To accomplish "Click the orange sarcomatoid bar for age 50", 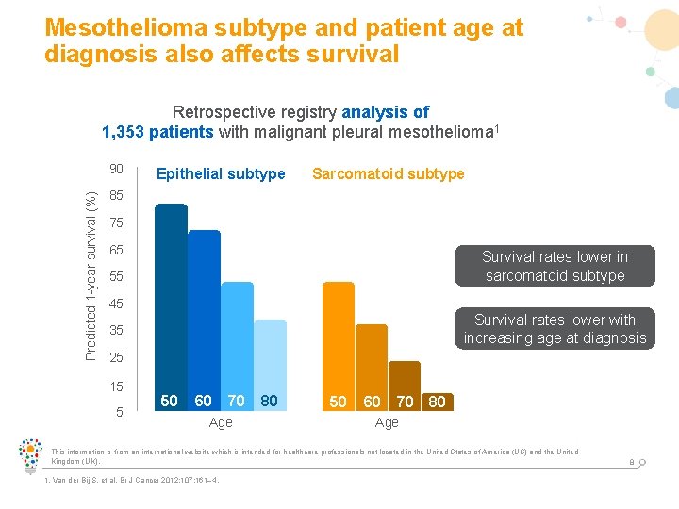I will [x=339, y=335].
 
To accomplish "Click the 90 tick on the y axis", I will [x=116, y=170].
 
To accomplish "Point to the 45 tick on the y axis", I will [x=116, y=304].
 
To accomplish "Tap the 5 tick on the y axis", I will [x=119, y=411].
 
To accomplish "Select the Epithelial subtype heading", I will [x=221, y=173].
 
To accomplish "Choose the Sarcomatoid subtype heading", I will [x=388, y=173].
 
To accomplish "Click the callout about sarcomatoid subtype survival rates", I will [x=555, y=266].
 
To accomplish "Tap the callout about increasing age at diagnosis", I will [x=555, y=329].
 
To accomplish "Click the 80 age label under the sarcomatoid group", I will [x=437, y=402].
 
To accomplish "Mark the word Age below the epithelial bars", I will [x=221, y=422].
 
